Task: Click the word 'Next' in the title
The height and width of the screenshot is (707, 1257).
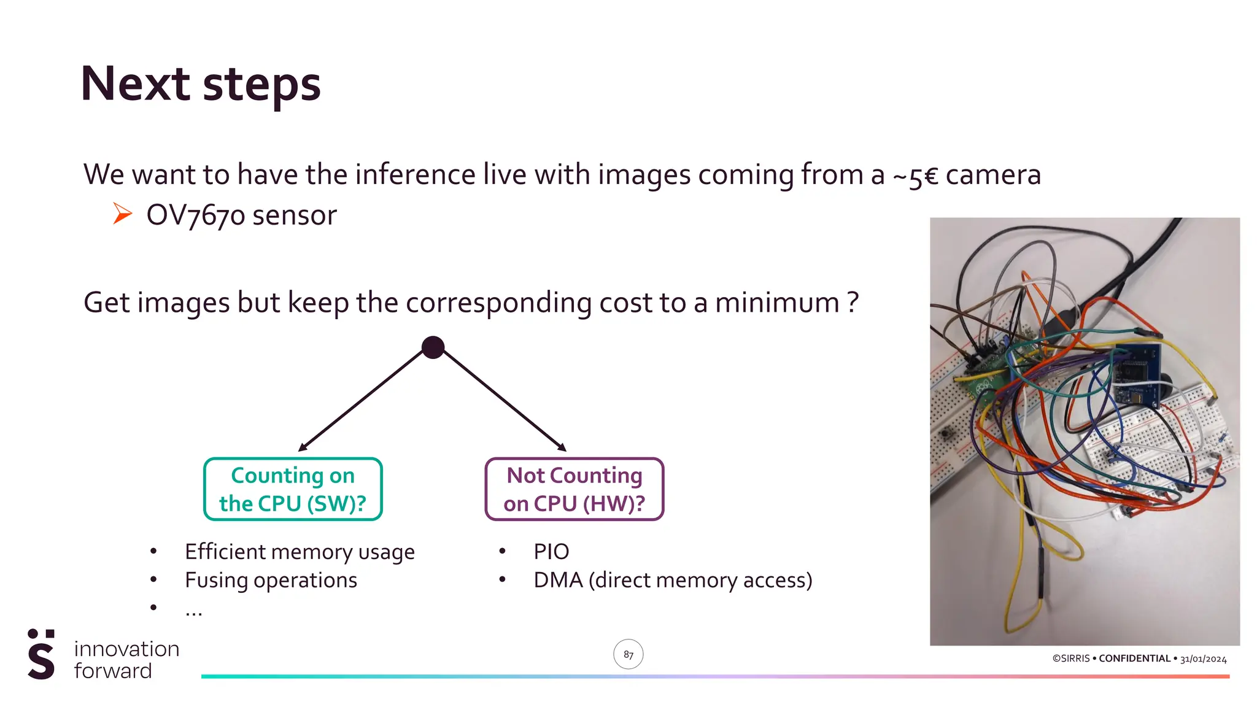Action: [x=136, y=84]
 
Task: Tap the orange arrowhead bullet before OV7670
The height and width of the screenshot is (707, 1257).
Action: [x=122, y=214]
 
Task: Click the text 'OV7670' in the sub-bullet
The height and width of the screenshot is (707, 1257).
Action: [x=195, y=215]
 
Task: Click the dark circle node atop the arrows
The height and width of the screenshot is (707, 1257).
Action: [x=433, y=347]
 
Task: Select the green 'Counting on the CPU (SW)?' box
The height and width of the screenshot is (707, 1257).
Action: [x=293, y=489]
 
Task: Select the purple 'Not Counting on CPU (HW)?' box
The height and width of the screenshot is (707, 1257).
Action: [x=574, y=489]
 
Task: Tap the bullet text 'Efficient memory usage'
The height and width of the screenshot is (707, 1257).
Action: [x=300, y=552]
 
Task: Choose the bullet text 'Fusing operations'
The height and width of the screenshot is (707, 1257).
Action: [x=271, y=580]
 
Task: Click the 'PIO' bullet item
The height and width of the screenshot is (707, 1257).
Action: [x=551, y=552]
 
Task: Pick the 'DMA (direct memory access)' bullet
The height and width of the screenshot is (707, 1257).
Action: [x=673, y=580]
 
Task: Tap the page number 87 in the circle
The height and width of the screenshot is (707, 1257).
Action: [x=628, y=655]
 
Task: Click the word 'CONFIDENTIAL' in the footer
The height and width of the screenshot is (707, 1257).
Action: [x=1134, y=659]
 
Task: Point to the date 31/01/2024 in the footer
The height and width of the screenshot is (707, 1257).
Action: [x=1203, y=659]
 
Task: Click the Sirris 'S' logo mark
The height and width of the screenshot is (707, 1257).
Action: [x=41, y=654]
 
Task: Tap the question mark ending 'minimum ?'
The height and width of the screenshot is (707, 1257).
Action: [x=852, y=303]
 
